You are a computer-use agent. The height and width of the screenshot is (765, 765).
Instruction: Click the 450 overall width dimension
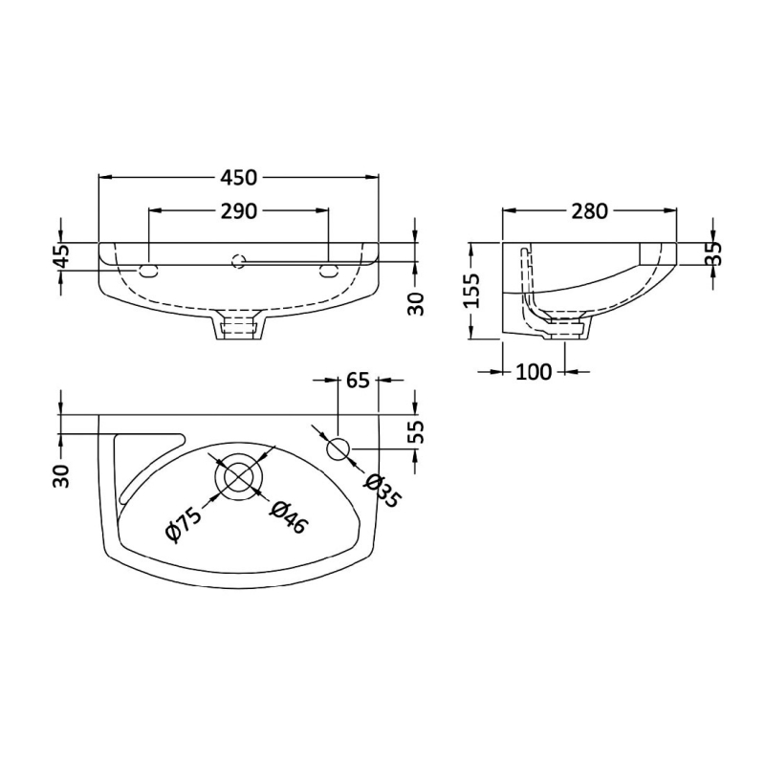coord(239,177)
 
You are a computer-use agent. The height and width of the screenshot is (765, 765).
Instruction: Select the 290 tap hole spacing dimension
coord(239,211)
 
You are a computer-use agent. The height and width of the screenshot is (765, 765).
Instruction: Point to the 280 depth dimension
coord(590,211)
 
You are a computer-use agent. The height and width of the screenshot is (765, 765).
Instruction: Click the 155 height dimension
coord(470,291)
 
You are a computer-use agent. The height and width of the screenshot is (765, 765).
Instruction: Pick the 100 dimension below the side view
coord(533,372)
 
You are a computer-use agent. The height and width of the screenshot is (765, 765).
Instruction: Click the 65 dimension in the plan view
coord(358,381)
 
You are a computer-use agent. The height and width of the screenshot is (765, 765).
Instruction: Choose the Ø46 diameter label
coord(288,517)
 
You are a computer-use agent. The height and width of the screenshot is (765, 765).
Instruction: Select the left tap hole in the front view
coord(149,271)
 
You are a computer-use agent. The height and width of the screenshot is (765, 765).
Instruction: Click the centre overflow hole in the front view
coord(239,258)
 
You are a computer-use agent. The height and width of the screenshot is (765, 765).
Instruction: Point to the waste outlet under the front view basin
coord(239,328)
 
